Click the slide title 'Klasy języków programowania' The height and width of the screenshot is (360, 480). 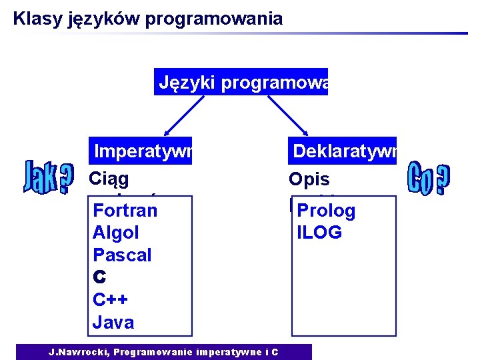(147, 19)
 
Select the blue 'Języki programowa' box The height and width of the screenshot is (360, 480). (241, 82)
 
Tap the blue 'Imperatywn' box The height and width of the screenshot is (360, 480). (141, 151)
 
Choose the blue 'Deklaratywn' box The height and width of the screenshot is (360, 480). (343, 151)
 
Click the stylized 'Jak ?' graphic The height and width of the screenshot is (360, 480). (49, 176)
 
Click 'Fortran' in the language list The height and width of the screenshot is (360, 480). (125, 211)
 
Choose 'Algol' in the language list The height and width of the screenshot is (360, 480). (116, 233)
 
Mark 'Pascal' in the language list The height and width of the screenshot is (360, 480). (122, 255)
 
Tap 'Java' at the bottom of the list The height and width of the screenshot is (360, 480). (113, 323)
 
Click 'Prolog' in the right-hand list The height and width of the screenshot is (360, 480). (326, 211)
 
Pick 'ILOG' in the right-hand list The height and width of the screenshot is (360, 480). (319, 233)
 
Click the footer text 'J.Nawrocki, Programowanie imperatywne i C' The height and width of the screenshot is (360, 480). (163, 352)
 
